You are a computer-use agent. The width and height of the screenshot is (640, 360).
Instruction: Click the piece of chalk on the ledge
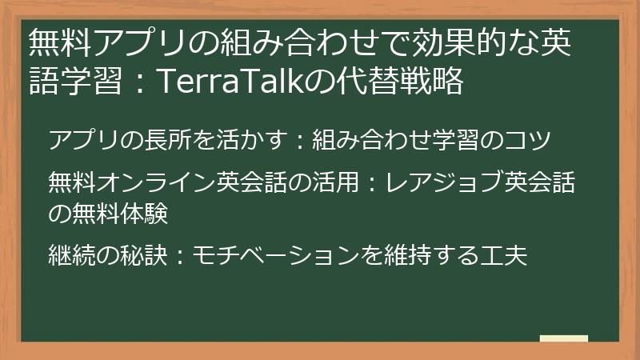565,339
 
